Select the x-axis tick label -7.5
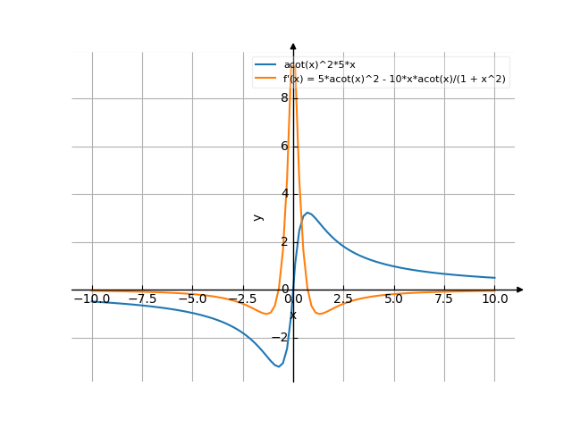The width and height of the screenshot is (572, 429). pyautogui.click(x=141, y=299)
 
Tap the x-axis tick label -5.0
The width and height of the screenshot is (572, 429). pyautogui.click(x=191, y=299)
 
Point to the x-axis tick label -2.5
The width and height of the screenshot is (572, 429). pyautogui.click(x=242, y=299)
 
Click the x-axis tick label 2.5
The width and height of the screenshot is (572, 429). pyautogui.click(x=344, y=299)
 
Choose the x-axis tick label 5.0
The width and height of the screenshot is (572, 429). pyautogui.click(x=394, y=299)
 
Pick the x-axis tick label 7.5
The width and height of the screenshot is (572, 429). pyautogui.click(x=444, y=299)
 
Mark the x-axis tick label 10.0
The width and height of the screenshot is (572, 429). pyautogui.click(x=494, y=299)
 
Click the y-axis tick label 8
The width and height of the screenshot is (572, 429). pyautogui.click(x=284, y=98)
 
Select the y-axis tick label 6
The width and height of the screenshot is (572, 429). pyautogui.click(x=284, y=146)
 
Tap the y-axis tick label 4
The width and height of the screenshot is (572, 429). pyautogui.click(x=284, y=194)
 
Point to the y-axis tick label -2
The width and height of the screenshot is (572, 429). pyautogui.click(x=282, y=338)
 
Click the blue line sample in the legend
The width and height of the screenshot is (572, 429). pyautogui.click(x=265, y=65)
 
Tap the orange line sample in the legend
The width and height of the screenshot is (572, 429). pyautogui.click(x=265, y=79)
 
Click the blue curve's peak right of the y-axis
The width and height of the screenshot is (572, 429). pyautogui.click(x=307, y=213)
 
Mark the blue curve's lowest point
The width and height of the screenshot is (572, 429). pyautogui.click(x=279, y=366)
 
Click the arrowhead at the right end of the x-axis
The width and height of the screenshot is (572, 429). pyautogui.click(x=520, y=290)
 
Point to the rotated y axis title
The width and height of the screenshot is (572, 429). pyautogui.click(x=258, y=216)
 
